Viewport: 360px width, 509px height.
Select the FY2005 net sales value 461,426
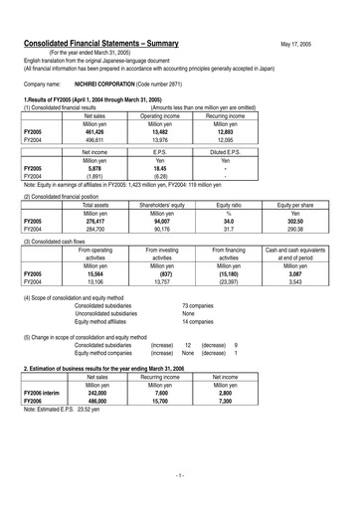(89, 131)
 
